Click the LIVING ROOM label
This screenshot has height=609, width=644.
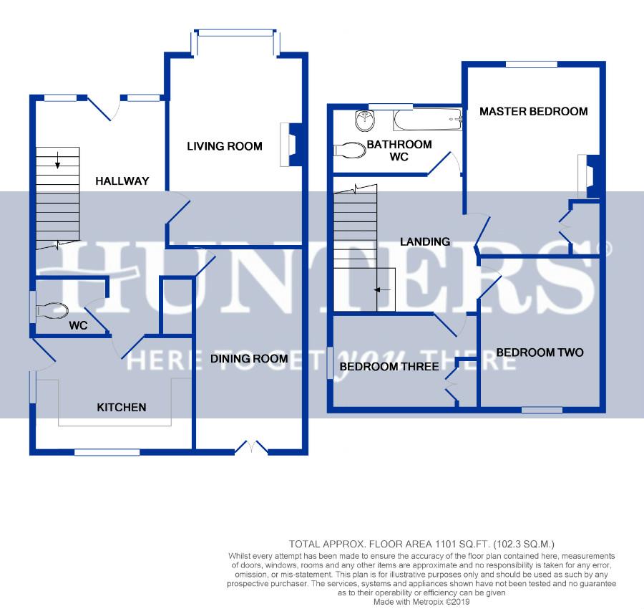point(225,146)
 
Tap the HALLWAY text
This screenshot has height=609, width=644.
point(122,181)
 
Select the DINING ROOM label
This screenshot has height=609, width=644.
point(249,358)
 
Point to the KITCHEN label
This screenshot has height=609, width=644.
point(122,408)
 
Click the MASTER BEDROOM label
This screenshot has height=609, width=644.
point(534,112)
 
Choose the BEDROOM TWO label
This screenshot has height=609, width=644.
point(540,353)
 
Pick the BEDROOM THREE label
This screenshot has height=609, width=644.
point(389,366)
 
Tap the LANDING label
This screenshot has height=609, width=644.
point(425,241)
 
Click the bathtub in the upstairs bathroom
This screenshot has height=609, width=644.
point(428,120)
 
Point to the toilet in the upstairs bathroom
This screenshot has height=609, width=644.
point(350,150)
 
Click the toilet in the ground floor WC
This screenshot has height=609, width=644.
point(52,310)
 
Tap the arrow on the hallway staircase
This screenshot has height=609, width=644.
point(57,160)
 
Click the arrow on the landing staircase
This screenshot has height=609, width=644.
point(382,290)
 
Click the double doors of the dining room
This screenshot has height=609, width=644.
point(251,447)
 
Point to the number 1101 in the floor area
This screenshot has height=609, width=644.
point(444,545)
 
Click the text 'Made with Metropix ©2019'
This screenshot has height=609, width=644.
point(421,602)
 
